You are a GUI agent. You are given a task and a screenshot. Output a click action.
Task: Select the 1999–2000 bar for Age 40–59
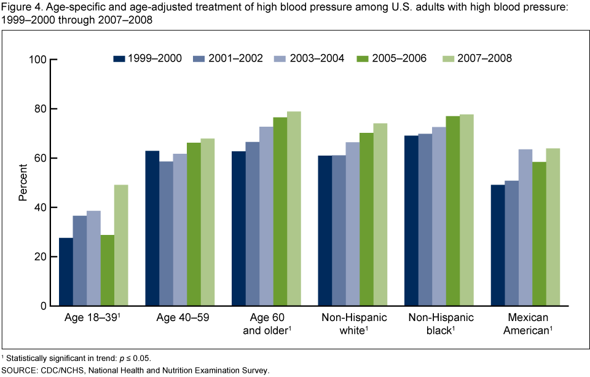(152, 228)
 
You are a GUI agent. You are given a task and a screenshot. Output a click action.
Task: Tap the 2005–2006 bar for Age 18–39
(108, 270)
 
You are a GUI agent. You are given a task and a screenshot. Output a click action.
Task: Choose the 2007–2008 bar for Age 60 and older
(294, 208)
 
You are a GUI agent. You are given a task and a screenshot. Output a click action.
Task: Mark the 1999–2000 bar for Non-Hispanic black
(411, 221)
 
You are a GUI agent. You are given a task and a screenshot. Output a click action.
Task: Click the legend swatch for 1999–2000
(119, 59)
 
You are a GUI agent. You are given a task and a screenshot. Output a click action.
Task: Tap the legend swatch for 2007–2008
(448, 59)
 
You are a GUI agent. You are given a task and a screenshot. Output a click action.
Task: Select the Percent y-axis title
(23, 183)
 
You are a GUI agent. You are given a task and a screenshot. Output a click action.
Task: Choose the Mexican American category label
(525, 323)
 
